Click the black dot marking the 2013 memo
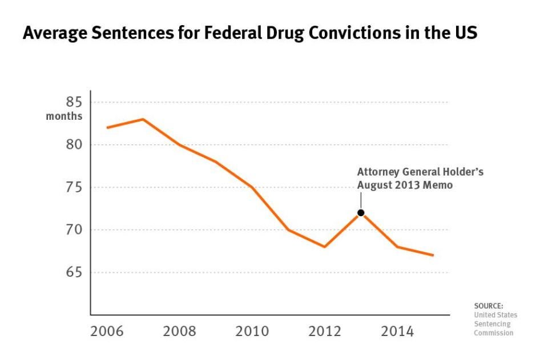coord(361,213)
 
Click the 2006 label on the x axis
coord(107,331)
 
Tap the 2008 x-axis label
coord(179,331)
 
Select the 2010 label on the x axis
coord(252,331)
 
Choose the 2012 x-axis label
coord(324,331)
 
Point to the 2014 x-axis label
coord(397,331)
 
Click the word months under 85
coord(64,117)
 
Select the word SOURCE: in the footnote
coord(489,306)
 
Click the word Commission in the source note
coord(494,333)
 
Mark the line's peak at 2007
coord(143,119)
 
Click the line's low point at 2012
coord(324,246)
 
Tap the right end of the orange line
coord(433,255)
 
